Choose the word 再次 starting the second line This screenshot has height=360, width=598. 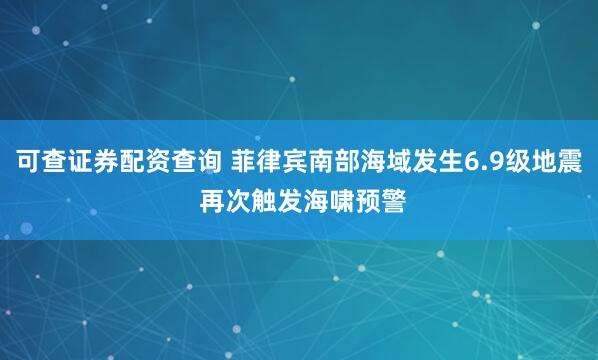[228, 197]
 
